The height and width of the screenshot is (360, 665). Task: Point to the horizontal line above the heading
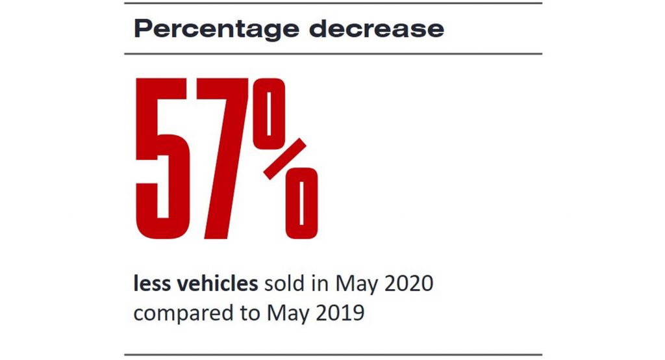332,3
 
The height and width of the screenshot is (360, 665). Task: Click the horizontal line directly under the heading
332,53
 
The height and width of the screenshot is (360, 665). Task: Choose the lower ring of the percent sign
301,204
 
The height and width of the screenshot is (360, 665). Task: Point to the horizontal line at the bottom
332,355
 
